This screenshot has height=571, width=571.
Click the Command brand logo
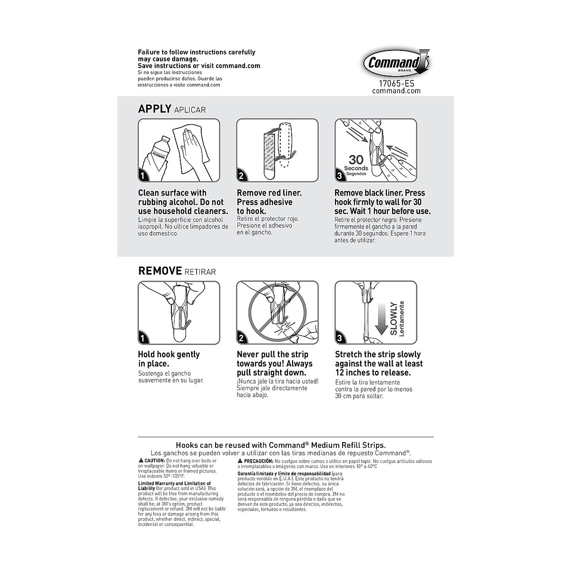(x=396, y=63)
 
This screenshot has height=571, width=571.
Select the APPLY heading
(x=154, y=109)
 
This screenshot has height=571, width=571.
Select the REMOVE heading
(x=160, y=271)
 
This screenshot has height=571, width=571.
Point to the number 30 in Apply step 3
(x=356, y=159)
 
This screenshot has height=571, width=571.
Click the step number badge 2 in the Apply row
(x=242, y=176)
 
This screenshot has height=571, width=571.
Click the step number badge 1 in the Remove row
(x=143, y=338)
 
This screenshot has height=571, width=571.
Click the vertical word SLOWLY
(x=394, y=318)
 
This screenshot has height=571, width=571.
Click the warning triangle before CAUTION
(x=141, y=461)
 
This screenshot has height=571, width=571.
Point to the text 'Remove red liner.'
(x=269, y=193)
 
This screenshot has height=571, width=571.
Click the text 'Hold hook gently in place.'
(x=168, y=359)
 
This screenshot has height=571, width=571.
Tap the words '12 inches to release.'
(x=373, y=373)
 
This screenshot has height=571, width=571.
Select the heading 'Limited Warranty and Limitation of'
(x=175, y=483)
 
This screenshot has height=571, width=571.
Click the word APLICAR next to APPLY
(x=190, y=110)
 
